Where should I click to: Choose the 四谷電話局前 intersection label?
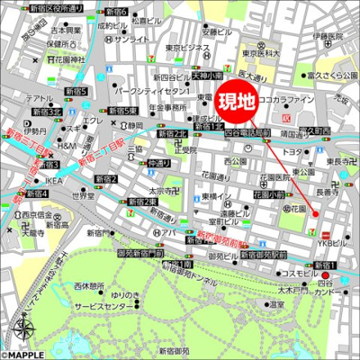point(246,132)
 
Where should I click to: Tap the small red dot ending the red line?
point(316,212)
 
